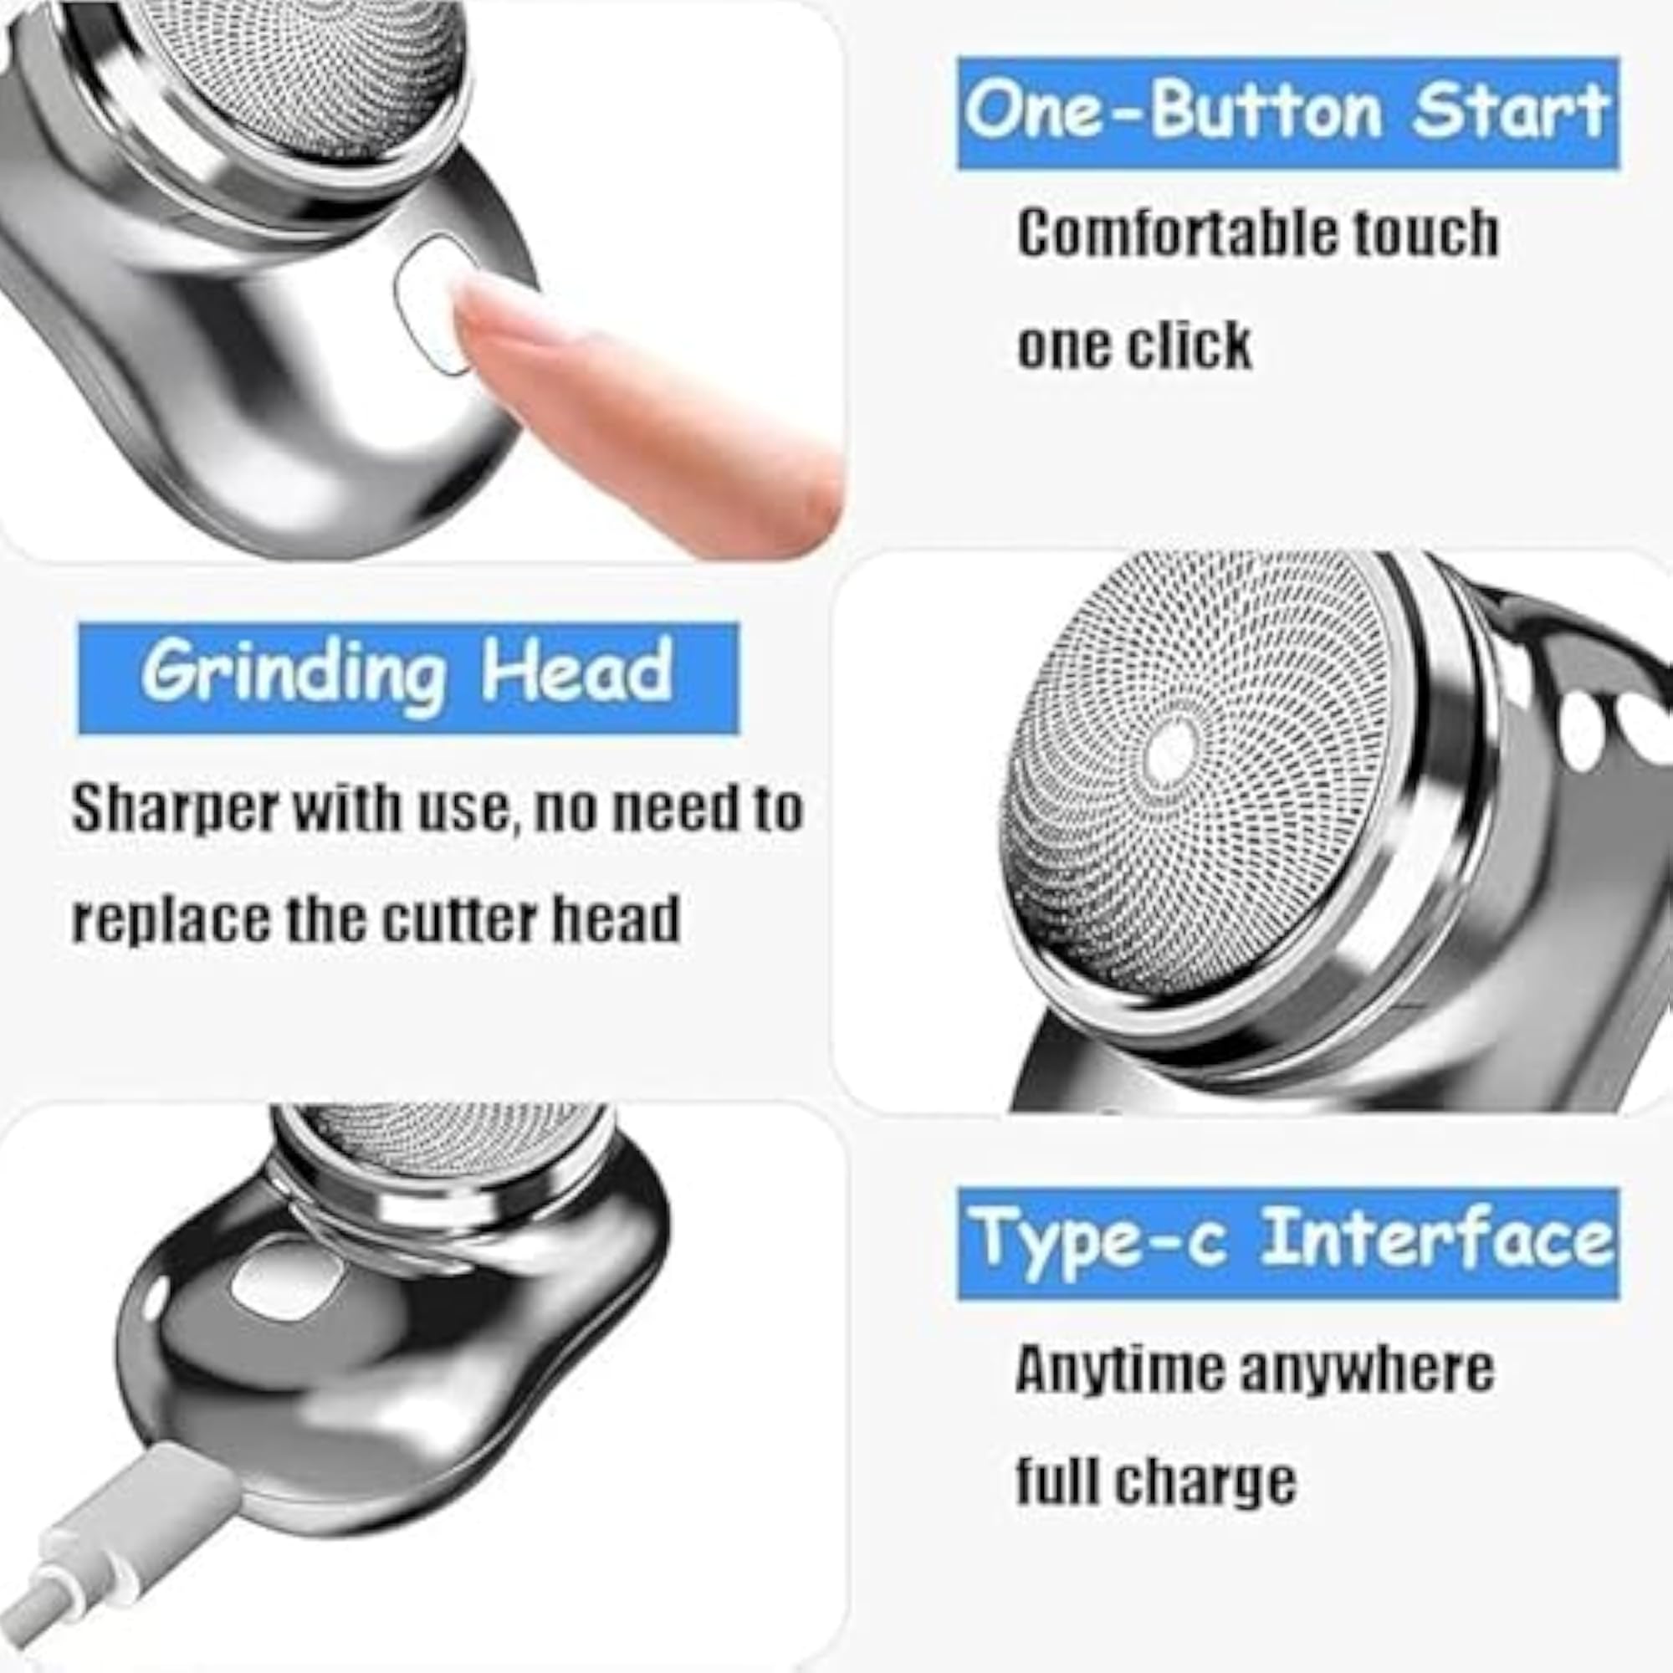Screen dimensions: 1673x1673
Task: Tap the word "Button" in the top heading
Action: pos(1266,112)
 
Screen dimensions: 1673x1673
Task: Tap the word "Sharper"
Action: pos(176,810)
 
